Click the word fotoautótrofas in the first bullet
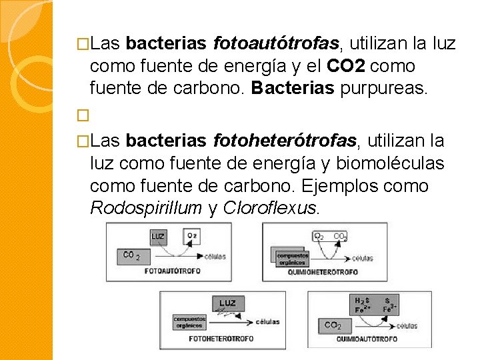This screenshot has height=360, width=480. pos(277,45)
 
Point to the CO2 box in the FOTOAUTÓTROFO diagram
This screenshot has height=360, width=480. pos(131,255)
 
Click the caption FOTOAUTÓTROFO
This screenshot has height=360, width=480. pos(170,272)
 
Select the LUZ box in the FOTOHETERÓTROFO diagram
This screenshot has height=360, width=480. pos(227,303)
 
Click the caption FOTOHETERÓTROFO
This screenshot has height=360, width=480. pos(221,339)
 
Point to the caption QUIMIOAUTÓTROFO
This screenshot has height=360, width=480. pos(367,339)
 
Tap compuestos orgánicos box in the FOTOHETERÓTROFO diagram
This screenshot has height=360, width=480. pos(189,322)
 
